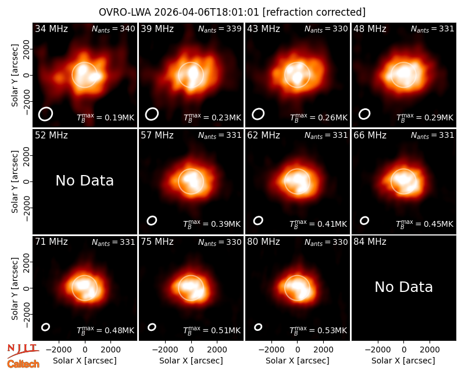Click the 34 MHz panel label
tap(51, 28)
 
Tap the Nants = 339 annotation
tap(220, 28)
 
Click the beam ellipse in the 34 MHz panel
tap(45, 114)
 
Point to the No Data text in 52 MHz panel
tap(85, 180)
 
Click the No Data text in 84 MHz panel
tap(403, 287)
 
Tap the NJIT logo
tap(23, 351)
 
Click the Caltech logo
tap(23, 364)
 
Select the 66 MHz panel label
tap(370, 135)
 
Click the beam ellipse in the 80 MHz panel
tap(258, 327)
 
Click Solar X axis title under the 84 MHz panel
tap(403, 361)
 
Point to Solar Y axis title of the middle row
tap(15, 181)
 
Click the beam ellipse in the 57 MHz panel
tap(152, 220)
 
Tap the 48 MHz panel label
tap(370, 28)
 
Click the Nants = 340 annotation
tap(113, 28)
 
